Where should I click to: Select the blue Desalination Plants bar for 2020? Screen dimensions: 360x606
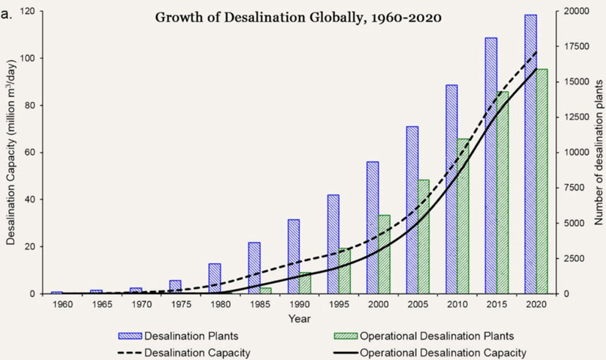531,154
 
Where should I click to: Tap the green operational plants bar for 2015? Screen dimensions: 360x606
503,192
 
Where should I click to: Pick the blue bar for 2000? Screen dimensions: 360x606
373,227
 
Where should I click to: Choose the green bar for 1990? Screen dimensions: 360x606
305,283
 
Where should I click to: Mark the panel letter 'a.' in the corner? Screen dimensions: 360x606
10,12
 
